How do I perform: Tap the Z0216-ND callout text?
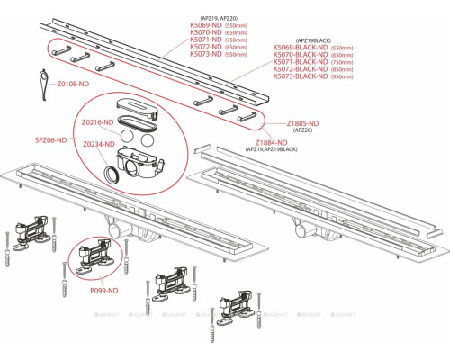96,121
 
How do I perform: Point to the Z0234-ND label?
96,144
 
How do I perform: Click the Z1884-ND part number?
270,142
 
